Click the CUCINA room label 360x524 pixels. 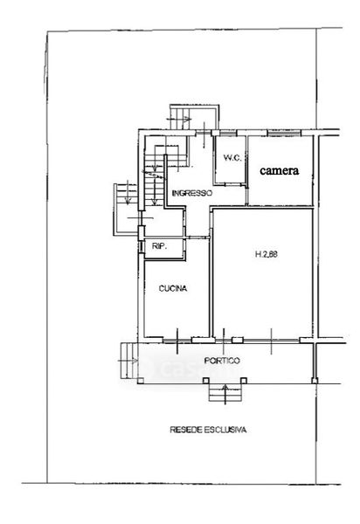coord(173,288)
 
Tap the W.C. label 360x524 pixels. coord(232,157)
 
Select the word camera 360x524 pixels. coord(280,170)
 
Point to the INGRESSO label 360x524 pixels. coord(192,193)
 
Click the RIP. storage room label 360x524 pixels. coord(159,246)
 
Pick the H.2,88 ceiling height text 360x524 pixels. coord(267,254)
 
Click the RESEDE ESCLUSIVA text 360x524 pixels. coord(208,430)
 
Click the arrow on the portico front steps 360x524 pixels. coord(225,394)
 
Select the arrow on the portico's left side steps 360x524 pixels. coord(128,361)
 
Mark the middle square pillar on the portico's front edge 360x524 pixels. coord(206,380)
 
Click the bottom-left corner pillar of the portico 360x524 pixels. coord(141,380)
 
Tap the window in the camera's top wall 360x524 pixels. coord(284,134)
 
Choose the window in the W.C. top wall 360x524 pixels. coord(228,134)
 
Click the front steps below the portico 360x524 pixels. coord(225,392)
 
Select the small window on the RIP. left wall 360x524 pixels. coord(142,246)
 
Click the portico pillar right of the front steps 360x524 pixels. coord(244,380)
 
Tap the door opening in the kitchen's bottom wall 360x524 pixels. coord(177,341)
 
